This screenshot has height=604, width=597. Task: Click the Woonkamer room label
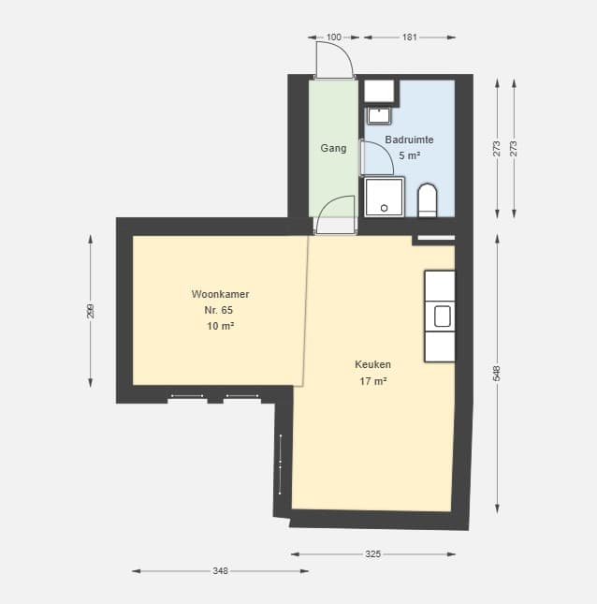[220, 294]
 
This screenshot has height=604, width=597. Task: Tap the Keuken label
[372, 364]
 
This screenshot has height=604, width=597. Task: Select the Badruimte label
[409, 140]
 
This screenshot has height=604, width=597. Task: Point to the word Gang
[333, 148]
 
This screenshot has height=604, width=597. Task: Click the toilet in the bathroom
[428, 199]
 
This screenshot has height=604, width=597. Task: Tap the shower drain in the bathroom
[385, 208]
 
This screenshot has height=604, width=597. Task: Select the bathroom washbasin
[379, 115]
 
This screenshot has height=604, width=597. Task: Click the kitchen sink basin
[443, 317]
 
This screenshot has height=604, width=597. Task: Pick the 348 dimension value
[221, 571]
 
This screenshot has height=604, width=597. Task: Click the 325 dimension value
[373, 554]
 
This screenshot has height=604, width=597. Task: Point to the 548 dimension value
[497, 374]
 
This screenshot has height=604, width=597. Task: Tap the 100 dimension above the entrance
[334, 37]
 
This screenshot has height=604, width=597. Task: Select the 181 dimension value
[410, 37]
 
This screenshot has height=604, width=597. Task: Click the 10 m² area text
[221, 326]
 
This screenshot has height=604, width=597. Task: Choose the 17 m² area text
[373, 381]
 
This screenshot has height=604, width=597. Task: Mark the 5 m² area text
[409, 155]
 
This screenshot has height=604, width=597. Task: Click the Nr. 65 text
[219, 310]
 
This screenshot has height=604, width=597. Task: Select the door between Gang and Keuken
[334, 225]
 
